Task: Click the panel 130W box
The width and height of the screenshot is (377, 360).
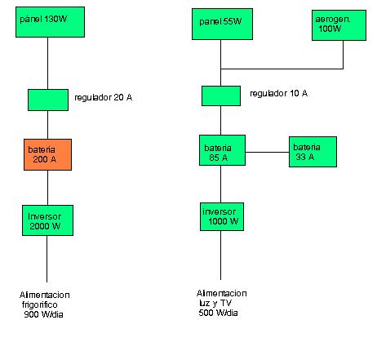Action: coord(50,22)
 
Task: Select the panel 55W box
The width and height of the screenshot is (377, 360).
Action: coord(222,24)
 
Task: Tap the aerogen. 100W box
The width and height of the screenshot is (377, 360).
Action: coord(339,25)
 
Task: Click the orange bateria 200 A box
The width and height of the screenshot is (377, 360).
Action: coord(47,154)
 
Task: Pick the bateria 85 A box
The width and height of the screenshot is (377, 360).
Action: coord(222,150)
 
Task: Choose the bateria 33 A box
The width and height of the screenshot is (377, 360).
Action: coord(313,152)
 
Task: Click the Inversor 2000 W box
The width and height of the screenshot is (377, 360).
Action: coord(47,220)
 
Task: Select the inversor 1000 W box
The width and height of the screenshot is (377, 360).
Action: coord(222,216)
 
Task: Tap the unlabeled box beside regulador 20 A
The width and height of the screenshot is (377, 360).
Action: coord(48,100)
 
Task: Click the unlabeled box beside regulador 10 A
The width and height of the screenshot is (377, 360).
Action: coord(221,96)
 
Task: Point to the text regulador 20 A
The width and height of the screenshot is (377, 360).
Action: coord(104,97)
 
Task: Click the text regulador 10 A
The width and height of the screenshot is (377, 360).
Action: coord(279,93)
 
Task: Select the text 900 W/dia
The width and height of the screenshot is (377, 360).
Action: coord(43,314)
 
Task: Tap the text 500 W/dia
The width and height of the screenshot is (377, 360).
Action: coord(218,313)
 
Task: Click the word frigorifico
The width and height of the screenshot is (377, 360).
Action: coord(40,304)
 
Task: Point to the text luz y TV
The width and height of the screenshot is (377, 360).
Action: coord(215,303)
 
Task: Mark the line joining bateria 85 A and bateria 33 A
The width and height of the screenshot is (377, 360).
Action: coord(267,152)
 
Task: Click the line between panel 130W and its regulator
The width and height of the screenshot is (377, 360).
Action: coord(48,63)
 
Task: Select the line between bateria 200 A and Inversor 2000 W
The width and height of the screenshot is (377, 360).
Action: coord(48,188)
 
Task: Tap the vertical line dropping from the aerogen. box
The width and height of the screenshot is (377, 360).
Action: coord(343,55)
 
